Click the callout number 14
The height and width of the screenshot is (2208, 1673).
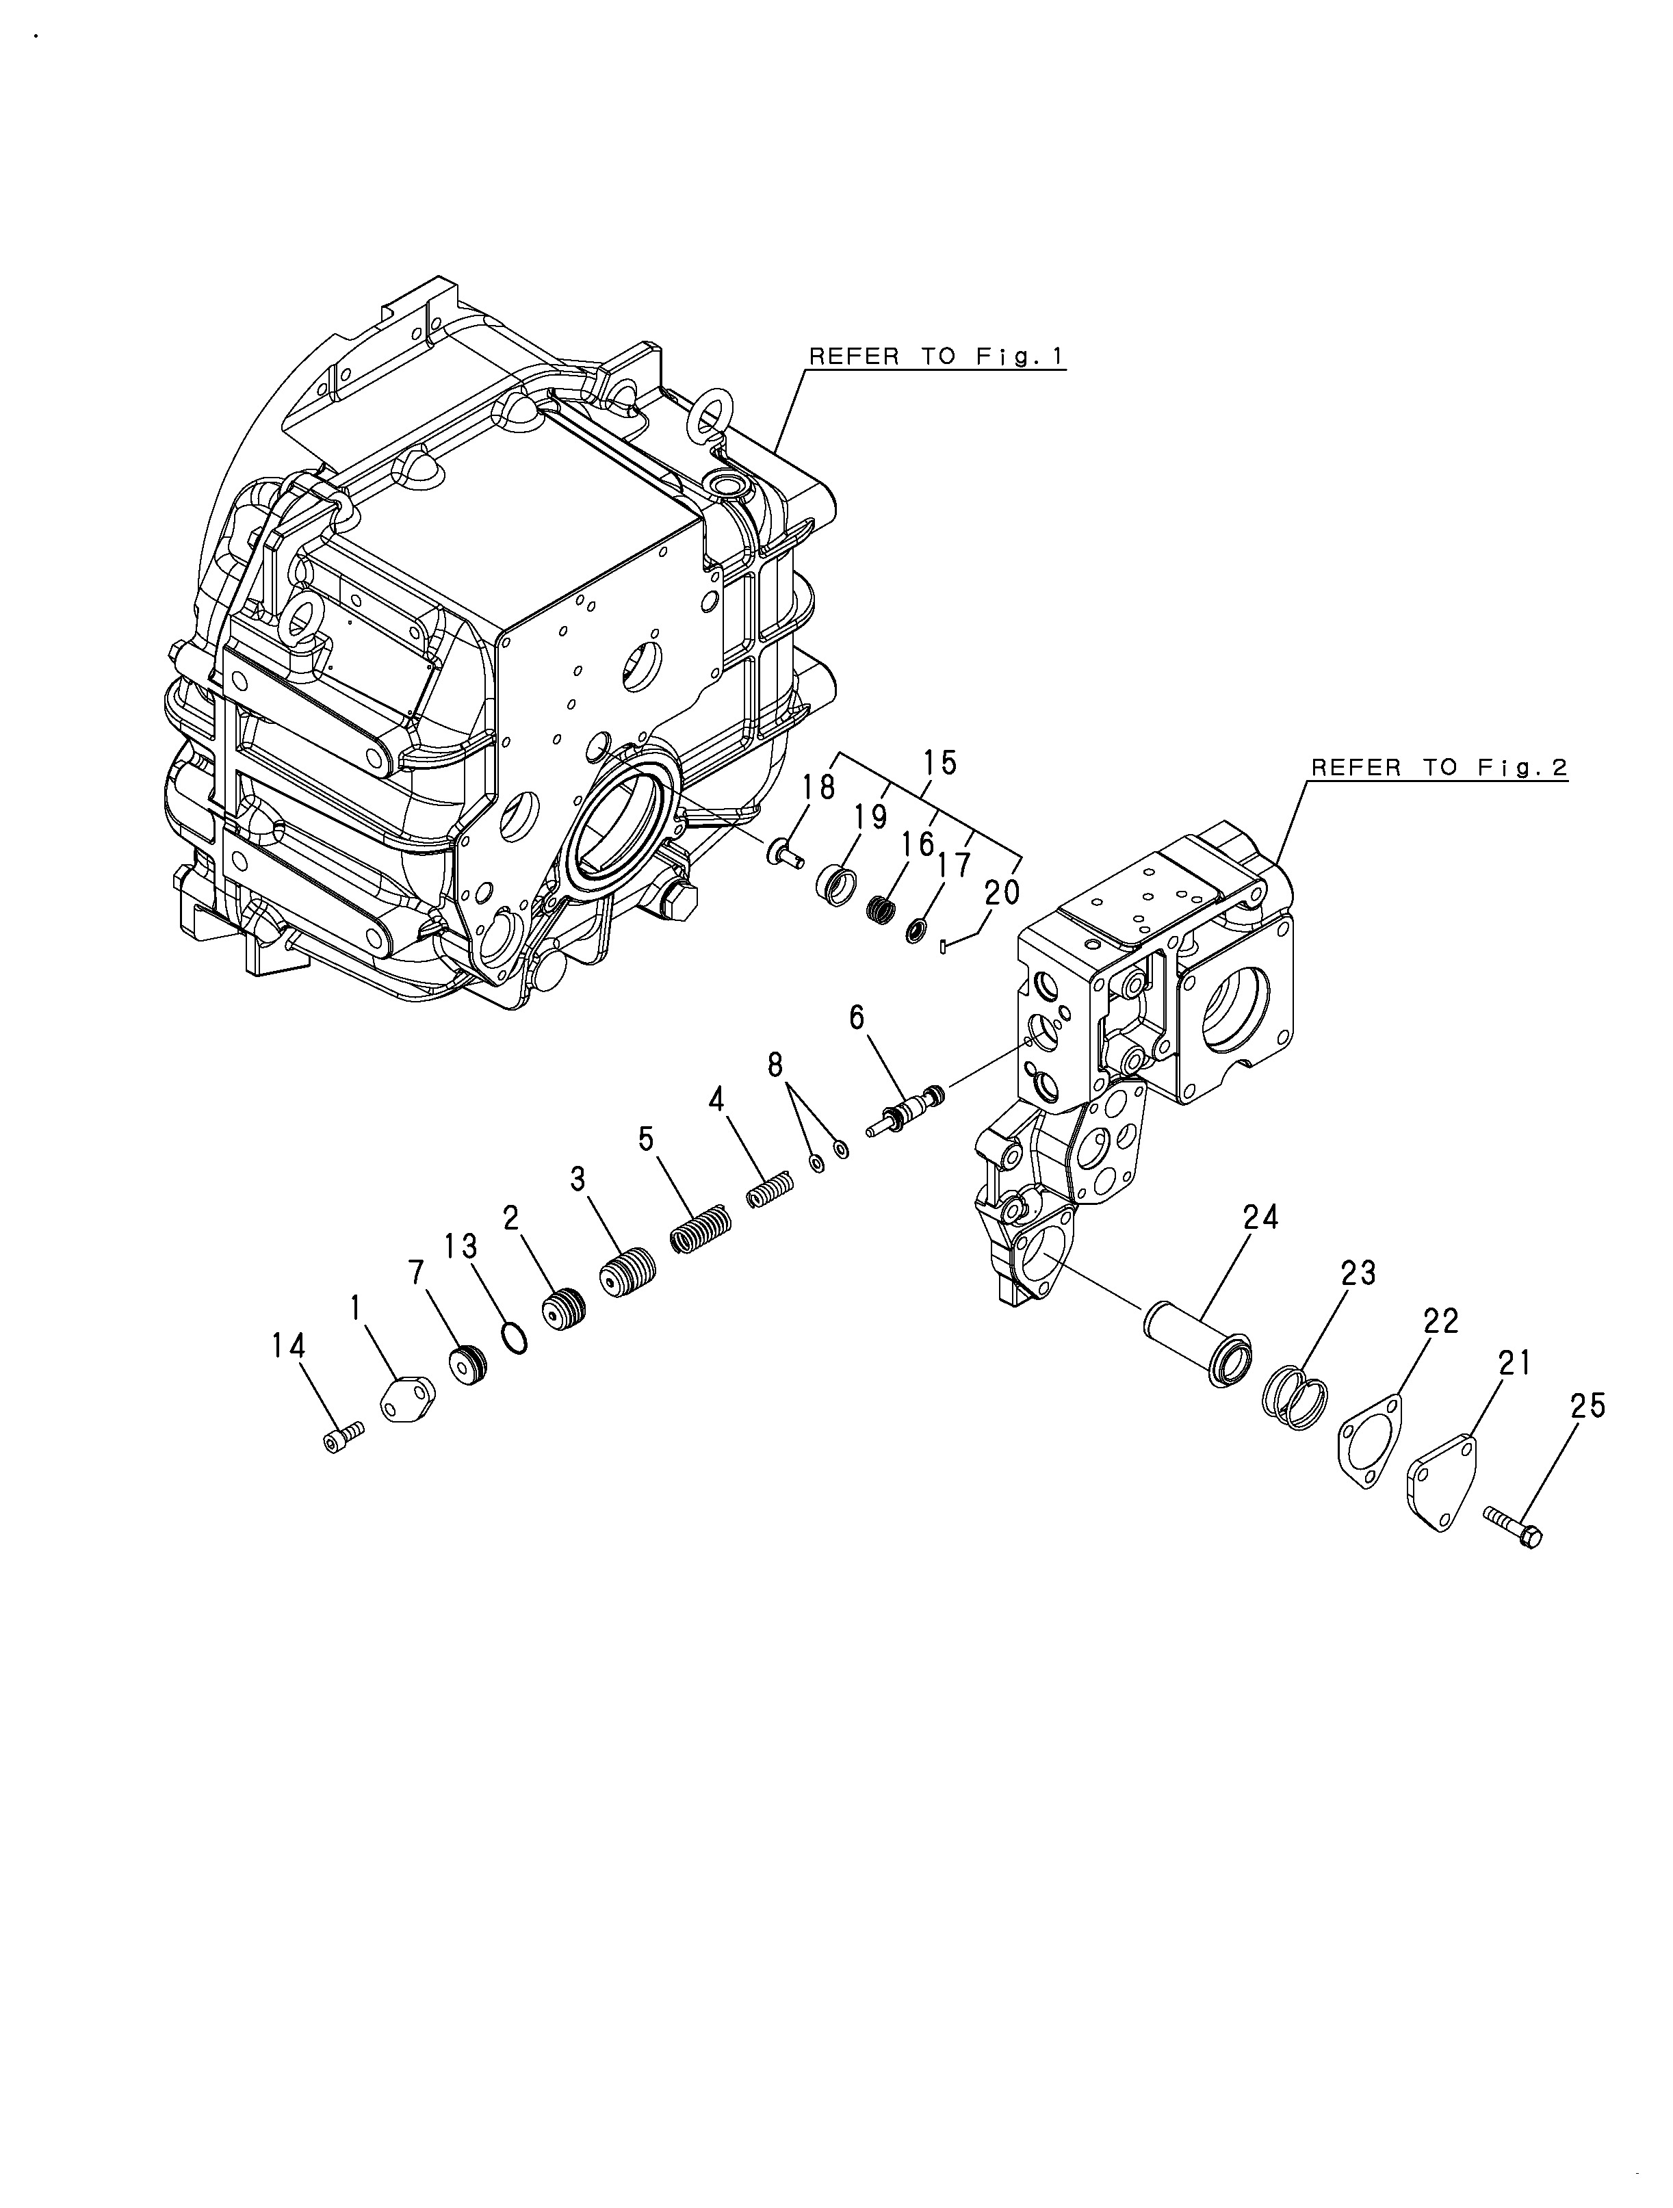pyautogui.click(x=289, y=1347)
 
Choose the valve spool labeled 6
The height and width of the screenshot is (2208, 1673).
pyautogui.click(x=905, y=1110)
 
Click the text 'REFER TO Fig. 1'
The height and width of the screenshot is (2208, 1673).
pyautogui.click(x=936, y=356)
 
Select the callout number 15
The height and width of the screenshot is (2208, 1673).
pyautogui.click(x=939, y=763)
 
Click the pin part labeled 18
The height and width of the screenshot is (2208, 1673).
pyautogui.click(x=785, y=853)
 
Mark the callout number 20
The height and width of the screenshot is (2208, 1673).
pyautogui.click(x=1002, y=892)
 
